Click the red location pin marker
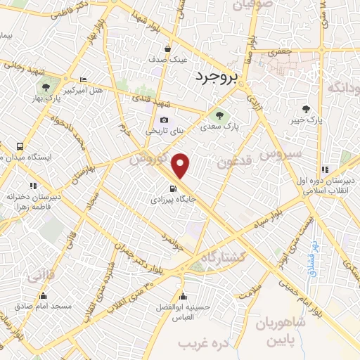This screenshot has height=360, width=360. (x=181, y=165)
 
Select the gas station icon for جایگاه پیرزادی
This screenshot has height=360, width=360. (x=173, y=188)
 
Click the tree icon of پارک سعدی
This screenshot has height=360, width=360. (x=219, y=115)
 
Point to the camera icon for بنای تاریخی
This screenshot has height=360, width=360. (x=165, y=120)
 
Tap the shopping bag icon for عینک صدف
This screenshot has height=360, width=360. (x=167, y=49)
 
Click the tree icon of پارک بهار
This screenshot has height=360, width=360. (x=46, y=88)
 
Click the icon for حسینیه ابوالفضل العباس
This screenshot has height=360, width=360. (x=184, y=295)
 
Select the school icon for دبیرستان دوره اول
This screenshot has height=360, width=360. (x=325, y=169)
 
